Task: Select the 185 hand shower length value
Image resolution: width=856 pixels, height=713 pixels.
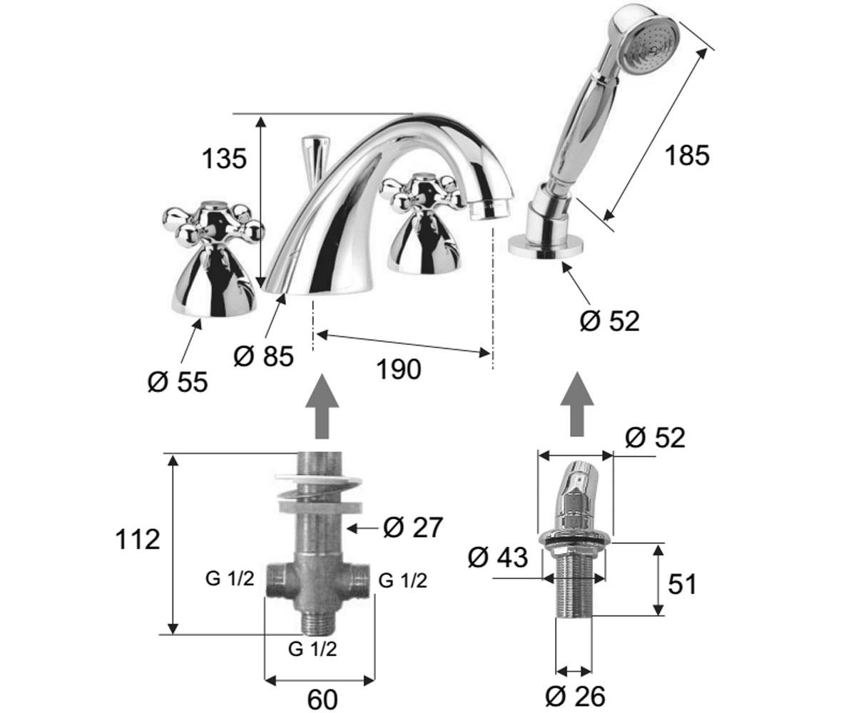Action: pyautogui.click(x=687, y=155)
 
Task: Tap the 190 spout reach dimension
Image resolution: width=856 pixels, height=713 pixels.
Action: pyautogui.click(x=399, y=369)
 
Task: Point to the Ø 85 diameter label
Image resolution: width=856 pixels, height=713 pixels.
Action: pyautogui.click(x=264, y=356)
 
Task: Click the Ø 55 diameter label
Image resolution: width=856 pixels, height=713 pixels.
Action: pyautogui.click(x=178, y=382)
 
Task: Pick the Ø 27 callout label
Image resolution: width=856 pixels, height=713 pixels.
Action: pyautogui.click(x=413, y=527)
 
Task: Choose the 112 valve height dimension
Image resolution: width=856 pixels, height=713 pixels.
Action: pyautogui.click(x=138, y=540)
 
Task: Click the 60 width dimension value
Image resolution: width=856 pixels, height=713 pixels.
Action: pyautogui.click(x=322, y=699)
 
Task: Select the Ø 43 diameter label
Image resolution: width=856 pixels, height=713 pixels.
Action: pyautogui.click(x=498, y=558)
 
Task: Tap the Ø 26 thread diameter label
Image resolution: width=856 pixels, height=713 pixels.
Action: pyautogui.click(x=575, y=696)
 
